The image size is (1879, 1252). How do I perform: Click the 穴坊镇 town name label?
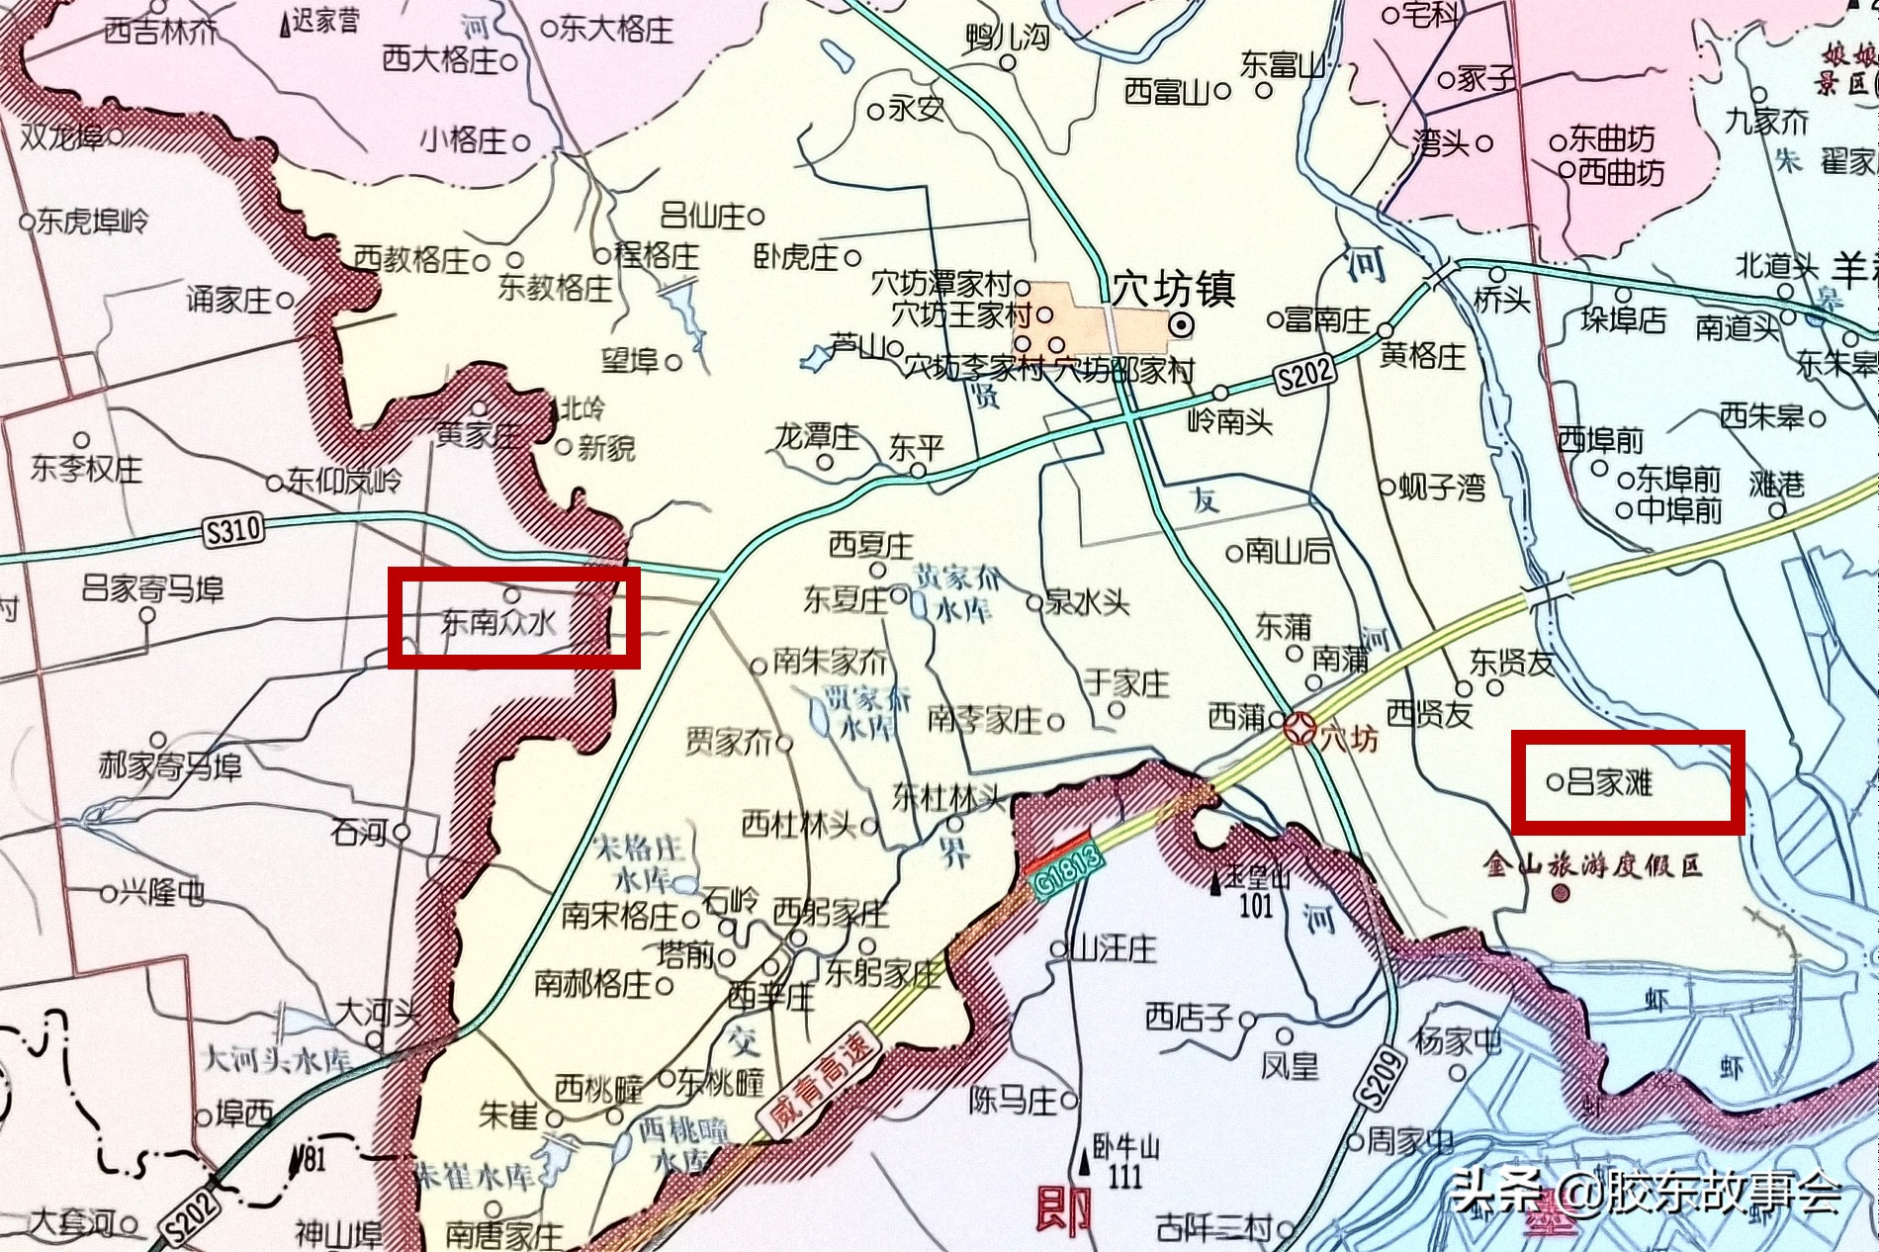click(x=1174, y=290)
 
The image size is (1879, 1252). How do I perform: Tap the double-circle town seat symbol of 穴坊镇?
click(x=1182, y=324)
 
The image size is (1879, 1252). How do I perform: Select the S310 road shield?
click(x=233, y=531)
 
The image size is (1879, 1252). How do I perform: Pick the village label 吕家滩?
click(x=1610, y=783)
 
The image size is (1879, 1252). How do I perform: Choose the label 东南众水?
click(x=498, y=623)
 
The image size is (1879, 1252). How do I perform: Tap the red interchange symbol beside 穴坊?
click(x=1298, y=731)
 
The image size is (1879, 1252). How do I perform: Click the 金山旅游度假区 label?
click(x=1592, y=866)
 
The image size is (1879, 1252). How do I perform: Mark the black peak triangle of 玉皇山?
click(x=1216, y=882)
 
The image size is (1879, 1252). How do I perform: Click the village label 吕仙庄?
click(x=703, y=216)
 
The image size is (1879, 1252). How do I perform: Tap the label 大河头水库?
click(x=277, y=1060)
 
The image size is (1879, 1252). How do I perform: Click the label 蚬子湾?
click(x=1442, y=487)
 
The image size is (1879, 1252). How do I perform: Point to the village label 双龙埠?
click(x=63, y=135)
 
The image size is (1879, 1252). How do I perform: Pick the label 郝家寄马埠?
click(x=169, y=766)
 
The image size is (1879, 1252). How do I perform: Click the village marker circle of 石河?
click(x=402, y=832)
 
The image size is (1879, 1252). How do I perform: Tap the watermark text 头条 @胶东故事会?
click(x=1648, y=1193)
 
